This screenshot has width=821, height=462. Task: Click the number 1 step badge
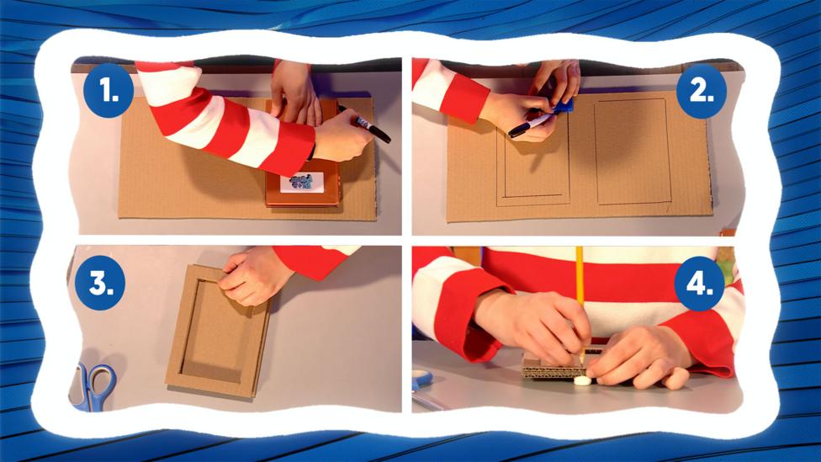(109, 91)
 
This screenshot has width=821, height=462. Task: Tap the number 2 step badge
(702, 91)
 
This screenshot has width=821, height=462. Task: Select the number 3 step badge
(100, 283)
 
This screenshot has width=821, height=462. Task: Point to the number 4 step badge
(699, 284)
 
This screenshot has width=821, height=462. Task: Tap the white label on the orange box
(302, 183)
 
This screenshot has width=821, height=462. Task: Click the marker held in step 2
(530, 125)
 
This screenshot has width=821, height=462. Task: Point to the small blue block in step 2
(563, 106)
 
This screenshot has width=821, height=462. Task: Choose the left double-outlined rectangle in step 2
(533, 157)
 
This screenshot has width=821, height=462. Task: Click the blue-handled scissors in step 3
(94, 386)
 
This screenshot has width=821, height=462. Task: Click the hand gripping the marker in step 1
(342, 136)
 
